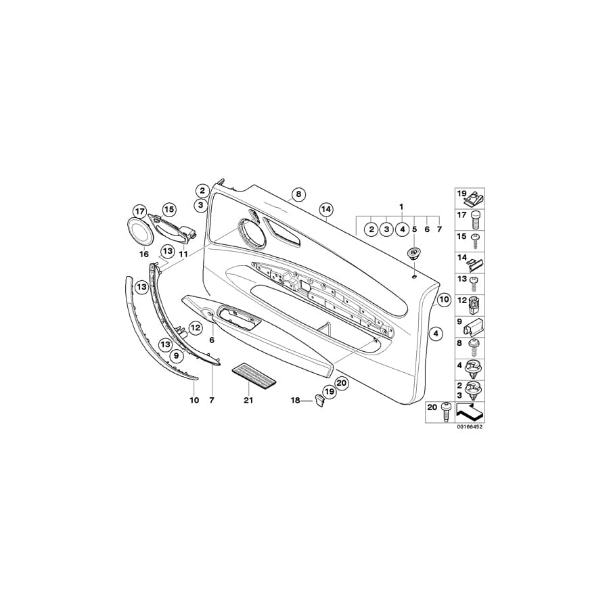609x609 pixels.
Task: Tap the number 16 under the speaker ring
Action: [143, 254]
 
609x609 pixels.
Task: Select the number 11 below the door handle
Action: [183, 254]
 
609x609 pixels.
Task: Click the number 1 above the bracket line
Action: [401, 205]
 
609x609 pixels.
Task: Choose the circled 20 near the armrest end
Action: [340, 383]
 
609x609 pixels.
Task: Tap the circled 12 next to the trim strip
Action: [195, 328]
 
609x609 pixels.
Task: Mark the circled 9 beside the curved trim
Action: [175, 355]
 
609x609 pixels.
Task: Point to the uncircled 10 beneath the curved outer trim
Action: [194, 401]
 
